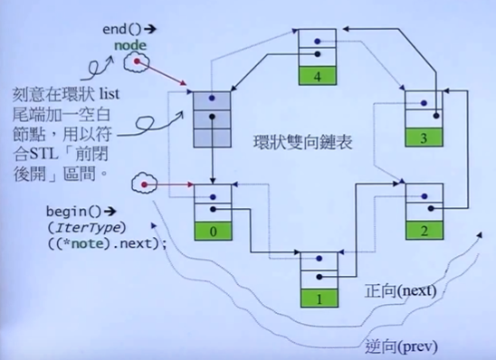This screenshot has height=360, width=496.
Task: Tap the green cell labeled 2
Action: [x=423, y=229]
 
